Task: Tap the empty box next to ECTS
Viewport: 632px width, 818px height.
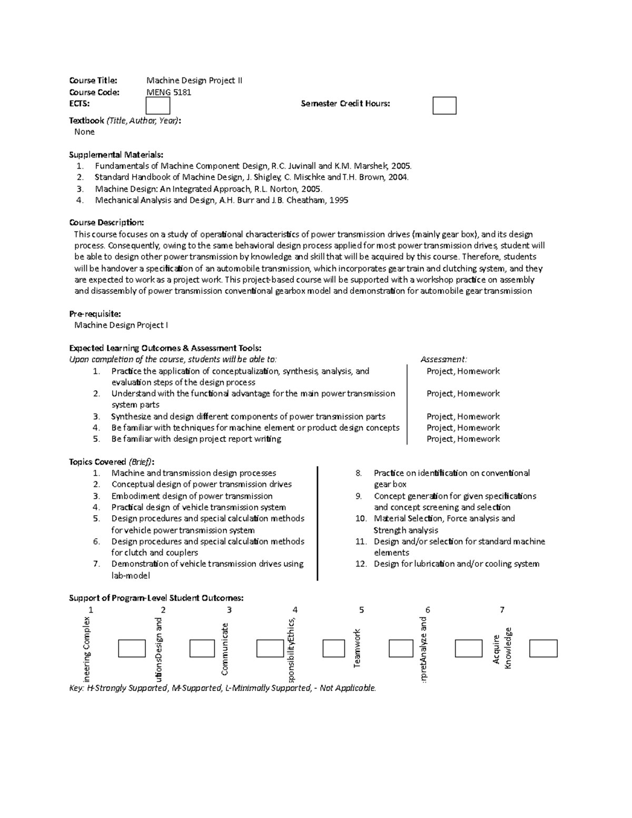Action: pos(157,105)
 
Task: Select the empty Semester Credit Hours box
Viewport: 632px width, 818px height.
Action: pos(444,105)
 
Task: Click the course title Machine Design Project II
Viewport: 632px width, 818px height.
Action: pos(194,81)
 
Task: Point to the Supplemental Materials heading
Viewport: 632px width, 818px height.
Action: pos(116,155)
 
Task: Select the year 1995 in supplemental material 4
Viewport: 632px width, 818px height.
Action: pos(338,200)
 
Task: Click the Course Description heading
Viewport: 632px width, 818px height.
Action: pos(106,223)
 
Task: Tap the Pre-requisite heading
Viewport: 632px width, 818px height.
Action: pos(95,314)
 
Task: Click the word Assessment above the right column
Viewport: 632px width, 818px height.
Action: pos(443,360)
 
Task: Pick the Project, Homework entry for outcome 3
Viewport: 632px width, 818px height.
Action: pos(463,417)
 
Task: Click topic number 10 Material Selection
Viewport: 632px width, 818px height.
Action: pos(443,519)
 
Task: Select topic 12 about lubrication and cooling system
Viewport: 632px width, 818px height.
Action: pos(456,564)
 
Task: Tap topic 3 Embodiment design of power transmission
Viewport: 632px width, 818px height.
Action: pos(192,496)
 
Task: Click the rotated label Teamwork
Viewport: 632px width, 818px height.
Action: pos(357,648)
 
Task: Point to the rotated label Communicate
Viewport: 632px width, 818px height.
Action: pos(225,649)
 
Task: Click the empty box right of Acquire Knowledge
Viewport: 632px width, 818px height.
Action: pos(543,648)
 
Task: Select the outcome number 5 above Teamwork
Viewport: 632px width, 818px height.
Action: pos(361,610)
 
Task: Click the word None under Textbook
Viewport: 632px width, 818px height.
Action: pos(84,132)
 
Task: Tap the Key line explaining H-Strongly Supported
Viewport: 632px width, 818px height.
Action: pos(223,688)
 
